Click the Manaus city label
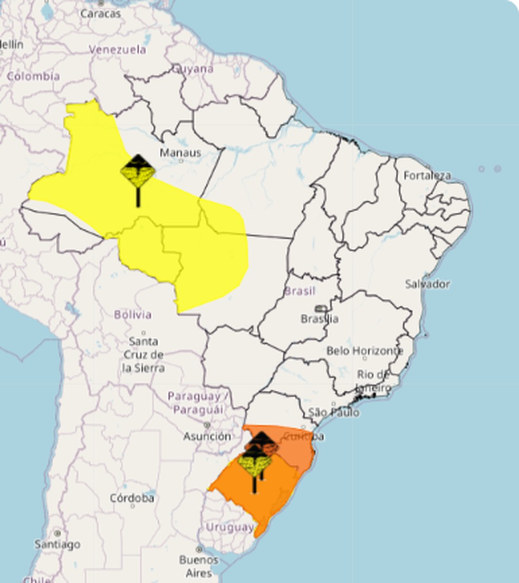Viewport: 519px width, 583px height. (x=180, y=153)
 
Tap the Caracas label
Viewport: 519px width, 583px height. (x=100, y=13)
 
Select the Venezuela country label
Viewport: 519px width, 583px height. (x=117, y=50)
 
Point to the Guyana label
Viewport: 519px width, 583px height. (x=193, y=69)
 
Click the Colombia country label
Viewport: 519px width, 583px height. (x=33, y=76)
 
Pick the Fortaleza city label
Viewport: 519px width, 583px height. (x=427, y=175)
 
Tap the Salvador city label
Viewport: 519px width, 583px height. (x=427, y=284)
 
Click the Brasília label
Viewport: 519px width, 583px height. (x=320, y=318)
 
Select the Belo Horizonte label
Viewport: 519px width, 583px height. (x=364, y=351)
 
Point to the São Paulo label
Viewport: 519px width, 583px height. (x=334, y=412)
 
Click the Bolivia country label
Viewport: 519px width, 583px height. (x=133, y=314)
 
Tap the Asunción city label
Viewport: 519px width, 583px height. (x=207, y=436)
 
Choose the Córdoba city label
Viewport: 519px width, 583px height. (x=132, y=497)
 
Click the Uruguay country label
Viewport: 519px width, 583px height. (x=229, y=527)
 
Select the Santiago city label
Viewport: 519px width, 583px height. (x=57, y=543)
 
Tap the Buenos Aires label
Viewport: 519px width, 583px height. (x=198, y=566)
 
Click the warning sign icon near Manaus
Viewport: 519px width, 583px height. (x=138, y=172)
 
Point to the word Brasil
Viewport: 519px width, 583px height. (x=300, y=290)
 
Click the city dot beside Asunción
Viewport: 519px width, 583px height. (x=207, y=425)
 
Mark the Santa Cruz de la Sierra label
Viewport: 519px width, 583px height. (x=143, y=354)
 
